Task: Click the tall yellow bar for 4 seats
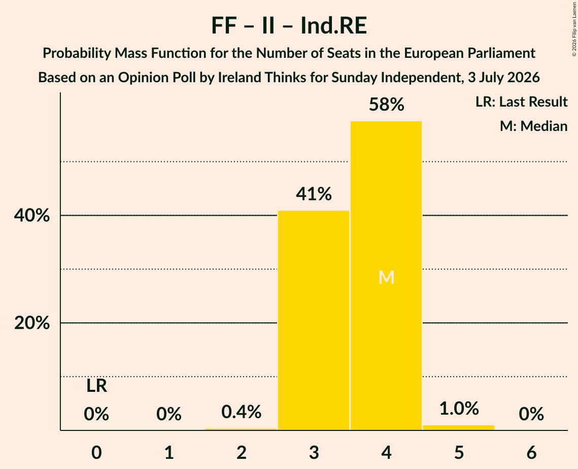tap(386, 276)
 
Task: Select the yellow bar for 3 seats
tap(313, 320)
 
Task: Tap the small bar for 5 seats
tap(459, 428)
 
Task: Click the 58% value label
tap(386, 105)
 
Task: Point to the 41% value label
tap(314, 194)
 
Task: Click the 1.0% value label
tap(459, 409)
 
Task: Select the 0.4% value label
tap(242, 412)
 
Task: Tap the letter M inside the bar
tap(386, 277)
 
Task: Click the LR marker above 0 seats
tap(96, 386)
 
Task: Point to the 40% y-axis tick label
tap(32, 215)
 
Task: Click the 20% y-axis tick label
tap(32, 323)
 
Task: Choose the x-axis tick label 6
tap(531, 453)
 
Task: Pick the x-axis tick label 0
tap(96, 453)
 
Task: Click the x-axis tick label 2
tap(242, 453)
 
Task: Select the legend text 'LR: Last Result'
tap(521, 102)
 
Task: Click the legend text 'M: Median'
tap(533, 126)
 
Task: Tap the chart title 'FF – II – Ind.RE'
tap(289, 25)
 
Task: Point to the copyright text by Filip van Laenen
tap(574, 29)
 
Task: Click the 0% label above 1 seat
tap(169, 414)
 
